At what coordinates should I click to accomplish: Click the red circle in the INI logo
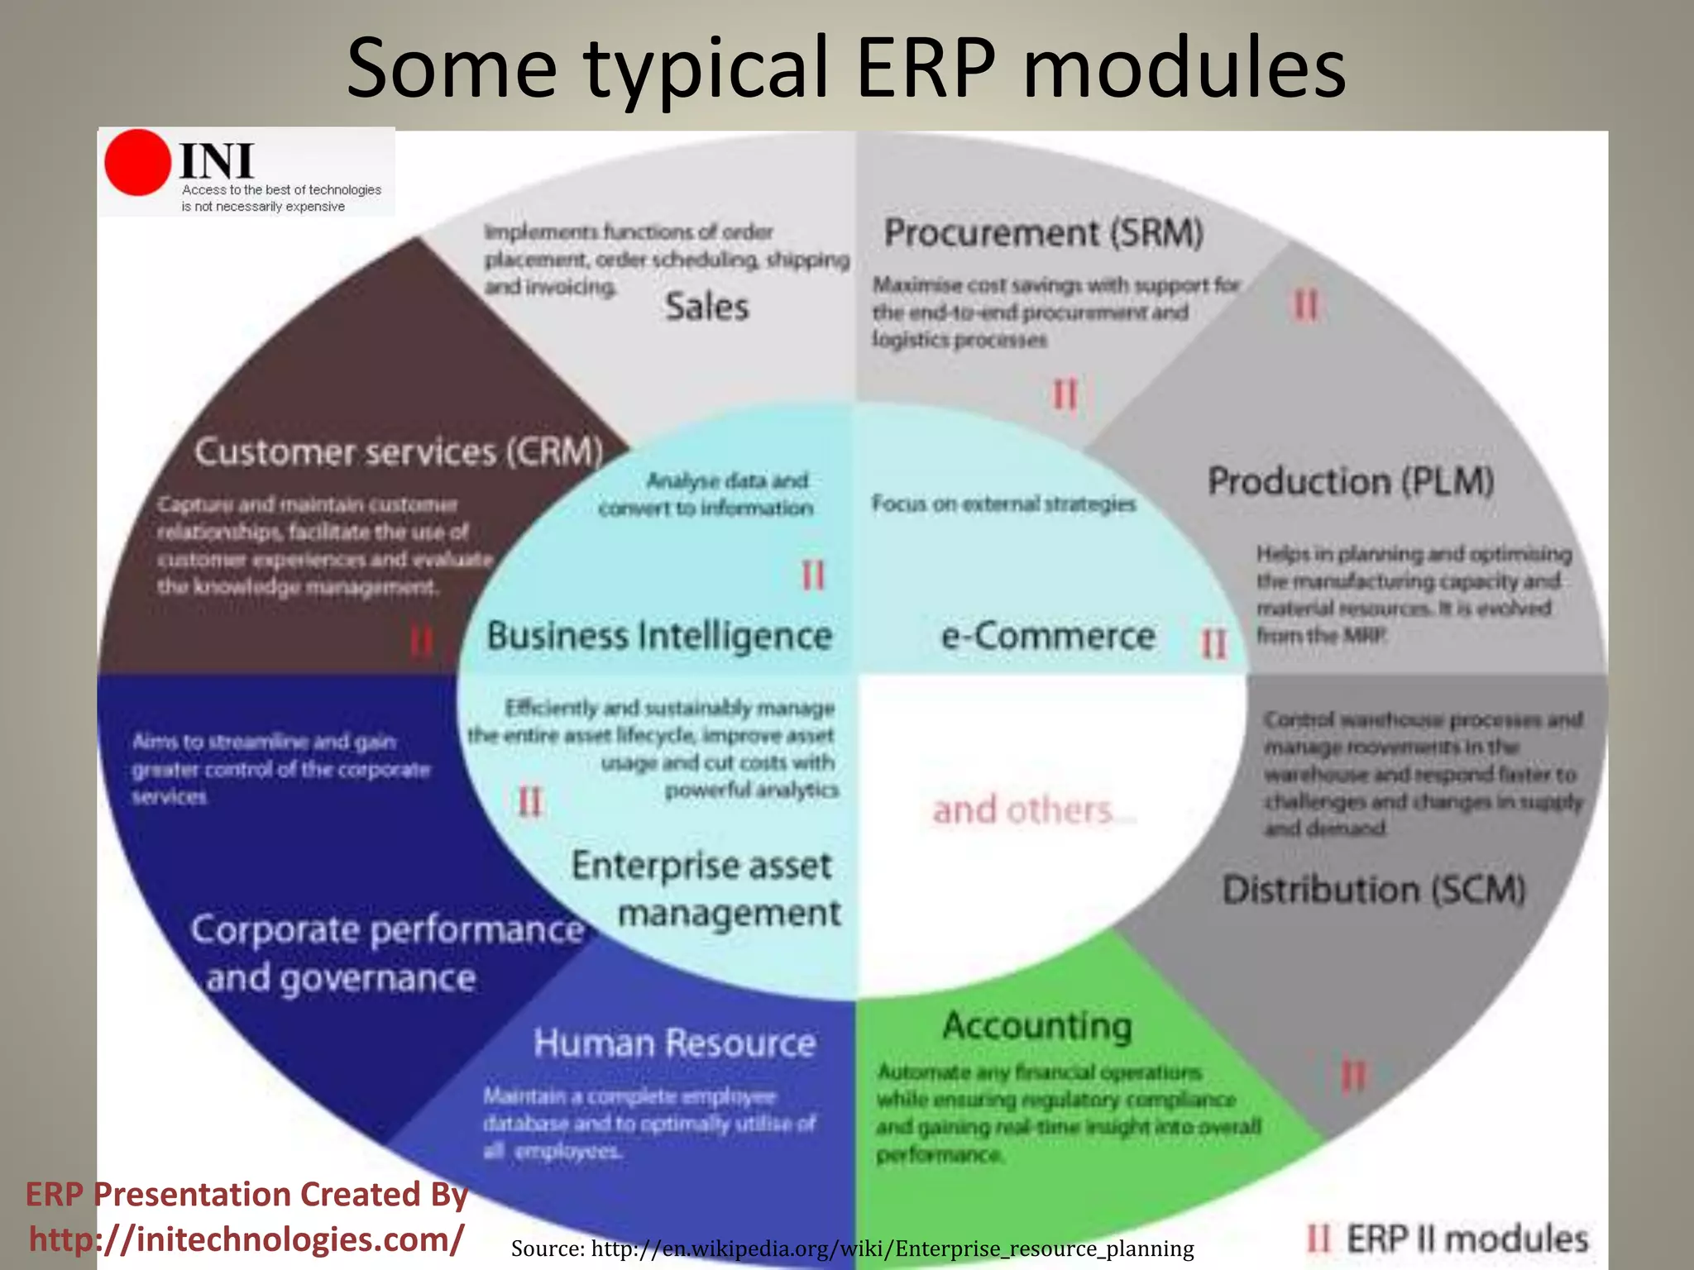[137, 163]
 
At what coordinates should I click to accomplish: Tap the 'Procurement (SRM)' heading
[1043, 232]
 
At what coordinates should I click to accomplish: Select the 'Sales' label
[707, 307]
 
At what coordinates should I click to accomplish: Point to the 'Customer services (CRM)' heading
[399, 452]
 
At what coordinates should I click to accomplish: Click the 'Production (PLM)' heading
[1351, 481]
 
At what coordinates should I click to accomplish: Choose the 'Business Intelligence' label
[659, 636]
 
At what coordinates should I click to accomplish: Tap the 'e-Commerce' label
[1048, 636]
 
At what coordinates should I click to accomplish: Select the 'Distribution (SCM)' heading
[1374, 890]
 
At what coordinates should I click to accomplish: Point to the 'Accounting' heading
[1037, 1026]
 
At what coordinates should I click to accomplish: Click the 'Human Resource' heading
[674, 1043]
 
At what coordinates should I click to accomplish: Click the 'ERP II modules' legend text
[1467, 1239]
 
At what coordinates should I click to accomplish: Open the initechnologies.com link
[246, 1239]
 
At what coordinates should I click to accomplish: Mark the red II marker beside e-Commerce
[1213, 643]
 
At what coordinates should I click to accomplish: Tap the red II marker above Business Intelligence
[813, 575]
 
